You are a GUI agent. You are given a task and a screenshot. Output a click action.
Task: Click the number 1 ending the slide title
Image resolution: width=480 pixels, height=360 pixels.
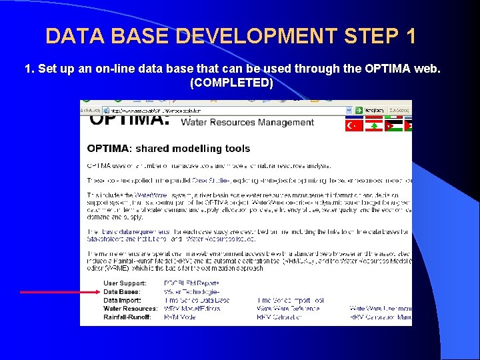[409, 35]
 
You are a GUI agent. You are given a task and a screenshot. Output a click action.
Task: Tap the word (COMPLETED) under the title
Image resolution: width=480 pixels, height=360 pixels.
[231, 83]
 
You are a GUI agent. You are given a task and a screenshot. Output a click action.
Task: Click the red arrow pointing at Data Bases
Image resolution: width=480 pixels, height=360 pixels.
[60, 292]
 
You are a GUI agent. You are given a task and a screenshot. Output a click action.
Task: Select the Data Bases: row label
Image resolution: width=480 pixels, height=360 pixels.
[121, 292]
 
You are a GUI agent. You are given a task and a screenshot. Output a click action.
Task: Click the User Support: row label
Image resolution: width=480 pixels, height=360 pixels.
[124, 283]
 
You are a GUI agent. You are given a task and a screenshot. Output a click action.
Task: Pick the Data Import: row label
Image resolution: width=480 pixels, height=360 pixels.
[123, 300]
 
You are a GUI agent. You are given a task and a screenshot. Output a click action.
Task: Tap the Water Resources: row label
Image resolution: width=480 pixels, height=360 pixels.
[131, 309]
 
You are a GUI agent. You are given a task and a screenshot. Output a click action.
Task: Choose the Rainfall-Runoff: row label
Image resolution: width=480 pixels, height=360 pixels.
[127, 317]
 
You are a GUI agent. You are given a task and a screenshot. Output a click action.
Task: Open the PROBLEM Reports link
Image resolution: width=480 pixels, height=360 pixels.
[191, 283]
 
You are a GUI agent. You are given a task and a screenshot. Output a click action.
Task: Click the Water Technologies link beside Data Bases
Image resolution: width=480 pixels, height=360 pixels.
[191, 292]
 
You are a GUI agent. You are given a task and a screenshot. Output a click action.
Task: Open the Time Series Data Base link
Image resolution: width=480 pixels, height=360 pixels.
[197, 300]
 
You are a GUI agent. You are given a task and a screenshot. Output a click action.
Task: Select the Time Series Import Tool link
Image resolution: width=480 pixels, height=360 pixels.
[291, 300]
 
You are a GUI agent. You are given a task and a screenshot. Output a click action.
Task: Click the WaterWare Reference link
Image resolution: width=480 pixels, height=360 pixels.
[288, 309]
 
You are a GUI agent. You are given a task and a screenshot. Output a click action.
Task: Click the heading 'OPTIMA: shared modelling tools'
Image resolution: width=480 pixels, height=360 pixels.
[169, 149]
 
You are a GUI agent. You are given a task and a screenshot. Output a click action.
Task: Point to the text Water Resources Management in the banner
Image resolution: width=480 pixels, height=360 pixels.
[247, 123]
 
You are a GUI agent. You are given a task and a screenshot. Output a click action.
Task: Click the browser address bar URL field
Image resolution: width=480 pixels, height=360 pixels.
[227, 110]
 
